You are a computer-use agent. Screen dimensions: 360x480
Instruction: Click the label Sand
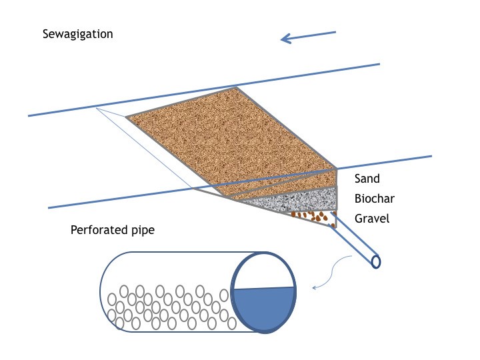367,179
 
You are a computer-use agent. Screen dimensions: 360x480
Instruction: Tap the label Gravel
371,218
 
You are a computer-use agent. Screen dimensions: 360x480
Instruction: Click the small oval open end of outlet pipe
376,261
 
